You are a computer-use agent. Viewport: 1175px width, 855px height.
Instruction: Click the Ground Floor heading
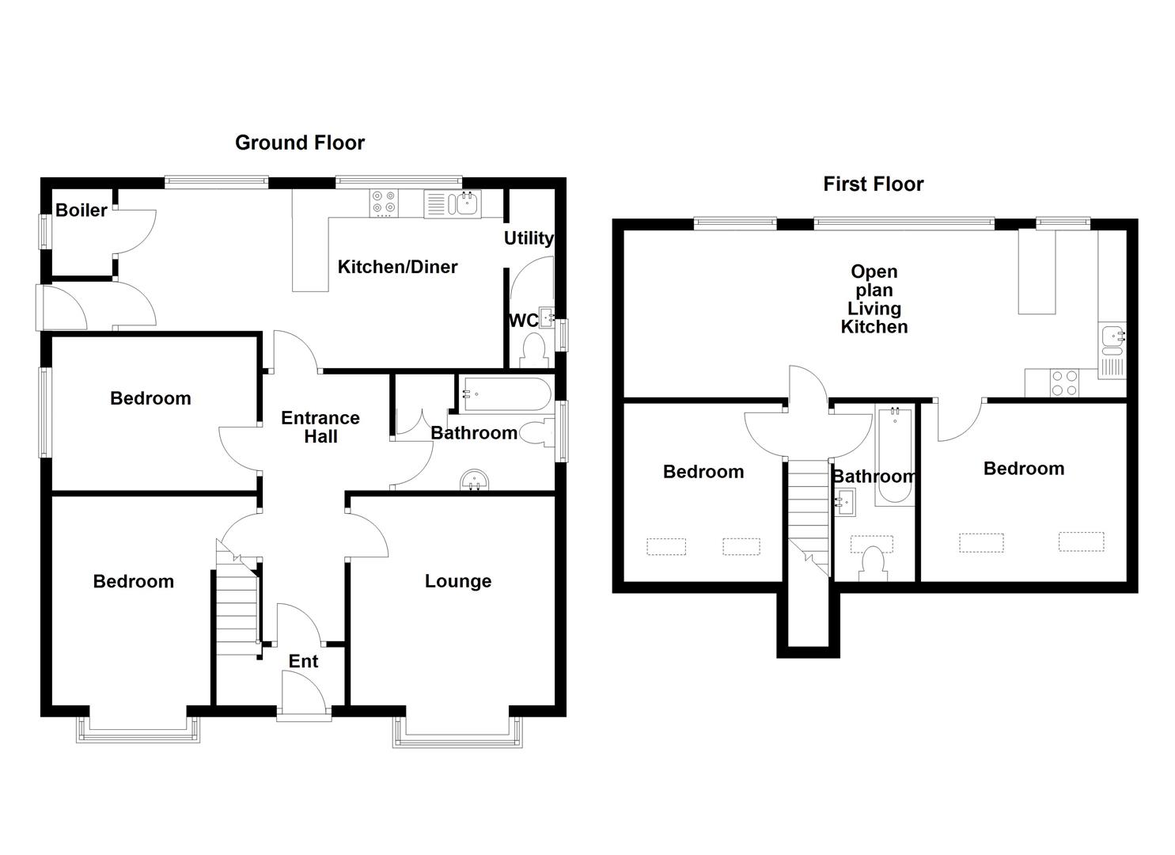click(x=299, y=142)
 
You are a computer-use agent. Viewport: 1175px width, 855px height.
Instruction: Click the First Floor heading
click(x=873, y=184)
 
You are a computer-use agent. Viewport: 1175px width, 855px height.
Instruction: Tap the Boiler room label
click(x=81, y=210)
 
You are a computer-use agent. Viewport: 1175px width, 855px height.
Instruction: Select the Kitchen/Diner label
click(x=397, y=267)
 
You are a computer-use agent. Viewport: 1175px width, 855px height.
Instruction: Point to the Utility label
click(x=528, y=237)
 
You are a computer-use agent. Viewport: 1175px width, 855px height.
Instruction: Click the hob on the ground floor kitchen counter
click(x=385, y=203)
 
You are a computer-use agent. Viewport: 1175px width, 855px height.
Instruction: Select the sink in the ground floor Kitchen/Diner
click(x=464, y=204)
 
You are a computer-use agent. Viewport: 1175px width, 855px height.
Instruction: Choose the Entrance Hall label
click(x=320, y=427)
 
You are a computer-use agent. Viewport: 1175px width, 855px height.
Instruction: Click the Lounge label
click(x=457, y=581)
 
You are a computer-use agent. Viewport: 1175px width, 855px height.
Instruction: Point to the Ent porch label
click(x=303, y=661)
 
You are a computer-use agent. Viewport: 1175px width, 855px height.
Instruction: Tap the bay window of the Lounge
click(x=457, y=733)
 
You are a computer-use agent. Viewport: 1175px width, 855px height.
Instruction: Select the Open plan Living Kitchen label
click(x=874, y=299)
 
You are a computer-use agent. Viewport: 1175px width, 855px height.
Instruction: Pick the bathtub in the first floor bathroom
click(x=895, y=456)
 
